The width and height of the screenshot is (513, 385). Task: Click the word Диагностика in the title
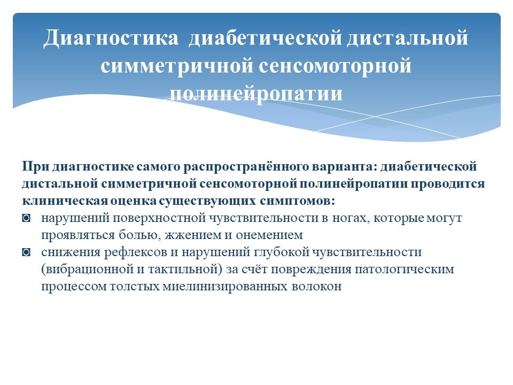tap(111, 38)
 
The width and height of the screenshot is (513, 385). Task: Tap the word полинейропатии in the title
tap(256, 94)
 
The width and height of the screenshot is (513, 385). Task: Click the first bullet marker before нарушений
tap(26, 218)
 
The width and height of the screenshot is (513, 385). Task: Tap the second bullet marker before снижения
tap(26, 252)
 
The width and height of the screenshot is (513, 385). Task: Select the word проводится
tap(448, 184)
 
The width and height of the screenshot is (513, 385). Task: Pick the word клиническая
tap(65, 201)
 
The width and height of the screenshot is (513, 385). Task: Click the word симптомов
tap(298, 201)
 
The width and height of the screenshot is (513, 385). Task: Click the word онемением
tap(269, 235)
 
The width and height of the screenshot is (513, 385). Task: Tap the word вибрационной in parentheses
tap(87, 269)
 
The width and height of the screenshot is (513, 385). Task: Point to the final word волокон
tap(316, 287)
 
